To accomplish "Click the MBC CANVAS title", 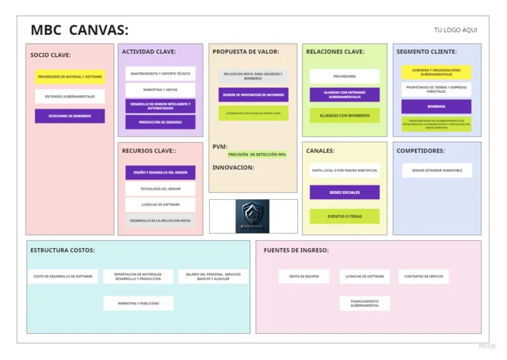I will pos(79,30).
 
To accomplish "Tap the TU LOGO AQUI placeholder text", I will pos(456,30).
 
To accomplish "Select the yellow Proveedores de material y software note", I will pos(70,77).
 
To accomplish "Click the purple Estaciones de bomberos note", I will pos(70,116).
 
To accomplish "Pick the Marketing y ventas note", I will pos(160,90).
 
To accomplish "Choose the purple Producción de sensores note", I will pos(160,122).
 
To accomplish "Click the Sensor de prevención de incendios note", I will pos(253,94).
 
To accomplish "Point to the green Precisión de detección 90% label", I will pos(257,154).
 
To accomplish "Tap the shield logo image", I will pos(253,216).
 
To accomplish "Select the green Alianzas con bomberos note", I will pos(345,115).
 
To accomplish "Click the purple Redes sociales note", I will pos(345,192).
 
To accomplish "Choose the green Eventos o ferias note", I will pos(345,216).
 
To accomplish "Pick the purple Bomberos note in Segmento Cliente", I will pos(436,106).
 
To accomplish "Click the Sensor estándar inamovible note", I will pos(436,170).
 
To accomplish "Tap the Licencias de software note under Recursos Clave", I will pos(160,205).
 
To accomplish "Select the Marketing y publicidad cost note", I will pos(138,303).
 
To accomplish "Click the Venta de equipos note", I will pos(303,277).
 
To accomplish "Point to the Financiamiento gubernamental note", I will pos(364,303).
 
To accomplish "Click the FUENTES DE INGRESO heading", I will pos(296,251).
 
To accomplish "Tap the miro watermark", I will pos(486,346).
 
